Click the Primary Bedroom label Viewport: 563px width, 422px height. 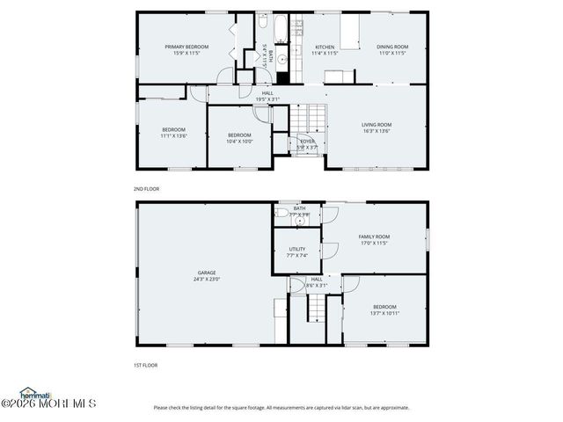(x=186, y=46)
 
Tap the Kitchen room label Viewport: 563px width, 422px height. (x=325, y=47)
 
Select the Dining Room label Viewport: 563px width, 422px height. (x=392, y=47)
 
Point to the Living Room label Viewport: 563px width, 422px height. (x=377, y=125)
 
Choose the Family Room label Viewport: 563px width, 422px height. (x=374, y=236)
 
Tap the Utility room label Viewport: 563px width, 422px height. (x=297, y=249)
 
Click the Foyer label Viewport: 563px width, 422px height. (x=307, y=141)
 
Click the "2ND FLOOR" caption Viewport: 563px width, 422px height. (x=147, y=188)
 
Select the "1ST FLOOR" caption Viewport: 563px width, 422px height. (x=146, y=364)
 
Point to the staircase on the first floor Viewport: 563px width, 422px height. (x=316, y=309)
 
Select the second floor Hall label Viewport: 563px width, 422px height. (x=267, y=93)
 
